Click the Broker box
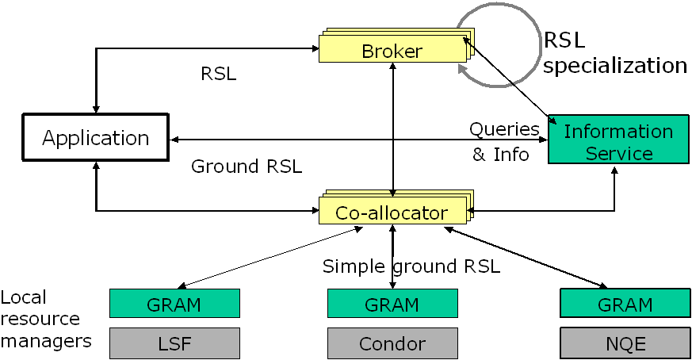392,52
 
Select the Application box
96,138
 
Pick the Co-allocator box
392,213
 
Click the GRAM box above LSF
174,304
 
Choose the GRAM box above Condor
392,304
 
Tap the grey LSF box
174,343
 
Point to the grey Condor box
392,343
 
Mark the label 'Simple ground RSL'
411,266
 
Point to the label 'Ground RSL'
247,167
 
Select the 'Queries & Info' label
503,141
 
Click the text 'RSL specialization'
615,52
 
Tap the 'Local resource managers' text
44,320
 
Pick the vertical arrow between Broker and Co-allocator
392,127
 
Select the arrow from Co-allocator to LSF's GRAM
270,258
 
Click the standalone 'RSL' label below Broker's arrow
220,75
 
